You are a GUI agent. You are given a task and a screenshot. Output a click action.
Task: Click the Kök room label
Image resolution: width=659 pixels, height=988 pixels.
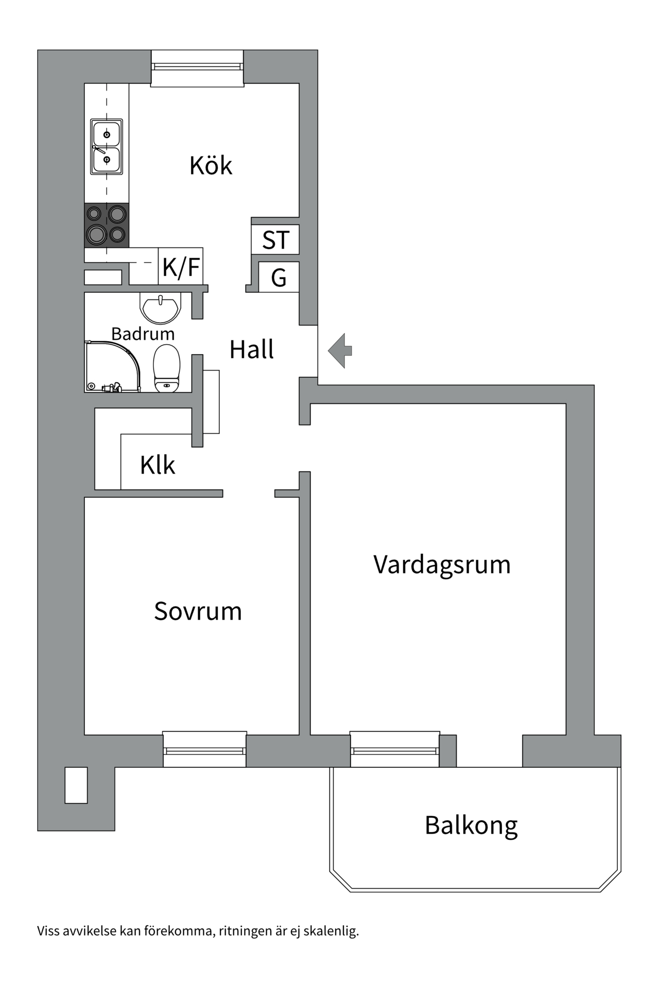click(x=211, y=166)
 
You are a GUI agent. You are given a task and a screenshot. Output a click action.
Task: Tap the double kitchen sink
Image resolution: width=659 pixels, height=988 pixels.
click(x=107, y=147)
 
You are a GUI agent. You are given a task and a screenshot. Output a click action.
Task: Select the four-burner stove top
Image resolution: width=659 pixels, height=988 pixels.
click(x=107, y=225)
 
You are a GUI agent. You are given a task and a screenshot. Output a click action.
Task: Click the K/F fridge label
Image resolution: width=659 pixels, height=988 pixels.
click(x=181, y=267)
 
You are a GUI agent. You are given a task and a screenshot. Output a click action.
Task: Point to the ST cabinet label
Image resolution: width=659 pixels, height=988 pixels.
click(x=275, y=240)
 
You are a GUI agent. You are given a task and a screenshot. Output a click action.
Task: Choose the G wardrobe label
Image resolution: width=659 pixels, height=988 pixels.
click(x=279, y=278)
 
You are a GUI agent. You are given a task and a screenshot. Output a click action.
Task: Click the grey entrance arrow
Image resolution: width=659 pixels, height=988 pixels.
click(x=340, y=350)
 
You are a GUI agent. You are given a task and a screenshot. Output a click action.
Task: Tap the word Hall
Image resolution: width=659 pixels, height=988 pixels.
click(x=251, y=350)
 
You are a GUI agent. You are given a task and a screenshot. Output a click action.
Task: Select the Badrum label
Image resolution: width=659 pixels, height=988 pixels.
click(x=143, y=333)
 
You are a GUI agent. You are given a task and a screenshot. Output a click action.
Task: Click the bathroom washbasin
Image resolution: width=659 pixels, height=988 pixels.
click(x=160, y=307)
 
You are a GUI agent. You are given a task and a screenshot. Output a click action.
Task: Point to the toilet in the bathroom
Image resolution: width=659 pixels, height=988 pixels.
click(x=167, y=368)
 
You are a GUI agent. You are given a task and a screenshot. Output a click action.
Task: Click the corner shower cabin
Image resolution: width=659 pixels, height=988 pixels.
click(x=111, y=367)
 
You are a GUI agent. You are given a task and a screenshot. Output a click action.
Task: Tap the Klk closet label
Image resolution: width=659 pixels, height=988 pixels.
click(x=158, y=465)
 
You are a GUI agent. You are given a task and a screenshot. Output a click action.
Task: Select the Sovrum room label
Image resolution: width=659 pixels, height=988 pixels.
click(x=198, y=611)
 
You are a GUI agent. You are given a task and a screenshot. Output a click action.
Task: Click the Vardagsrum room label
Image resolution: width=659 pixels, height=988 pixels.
click(x=442, y=564)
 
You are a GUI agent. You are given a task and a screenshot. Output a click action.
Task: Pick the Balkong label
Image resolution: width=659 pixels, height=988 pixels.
click(x=471, y=825)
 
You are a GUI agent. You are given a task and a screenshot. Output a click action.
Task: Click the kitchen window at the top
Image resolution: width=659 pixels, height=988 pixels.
click(x=197, y=67)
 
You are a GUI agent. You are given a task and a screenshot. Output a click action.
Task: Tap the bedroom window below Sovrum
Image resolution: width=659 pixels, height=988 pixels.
click(x=204, y=750)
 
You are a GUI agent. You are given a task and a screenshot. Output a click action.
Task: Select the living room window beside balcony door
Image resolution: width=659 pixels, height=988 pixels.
click(x=394, y=750)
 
